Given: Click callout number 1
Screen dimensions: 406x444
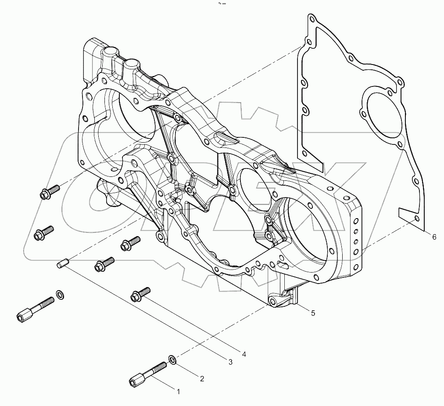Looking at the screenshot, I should coord(178,392).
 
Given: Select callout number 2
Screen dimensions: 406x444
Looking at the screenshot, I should coord(202,379).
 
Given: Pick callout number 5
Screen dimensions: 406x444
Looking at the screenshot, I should coord(313,313).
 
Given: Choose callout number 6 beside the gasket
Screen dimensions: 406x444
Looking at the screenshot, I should coord(434,237).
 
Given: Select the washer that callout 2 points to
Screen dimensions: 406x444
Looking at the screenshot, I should coord(173,360).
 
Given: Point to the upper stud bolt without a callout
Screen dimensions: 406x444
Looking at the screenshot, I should coord(35,309).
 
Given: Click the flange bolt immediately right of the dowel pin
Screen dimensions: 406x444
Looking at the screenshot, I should coord(104,264).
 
